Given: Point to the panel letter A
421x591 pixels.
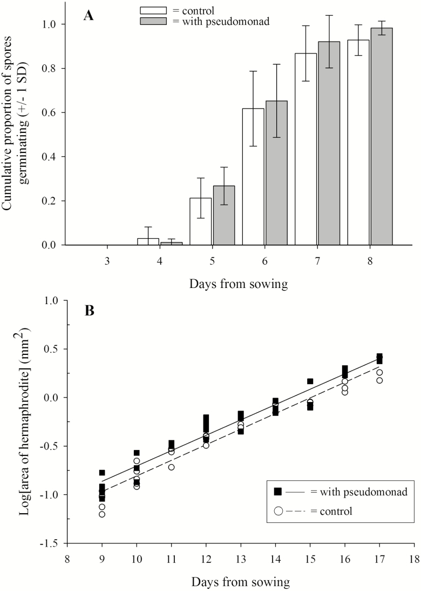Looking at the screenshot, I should click(89, 16).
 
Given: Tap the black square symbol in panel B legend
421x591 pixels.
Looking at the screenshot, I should click(279, 491).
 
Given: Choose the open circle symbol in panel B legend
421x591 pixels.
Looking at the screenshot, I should click(279, 510).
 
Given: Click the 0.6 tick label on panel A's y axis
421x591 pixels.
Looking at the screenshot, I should click(50, 113).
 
